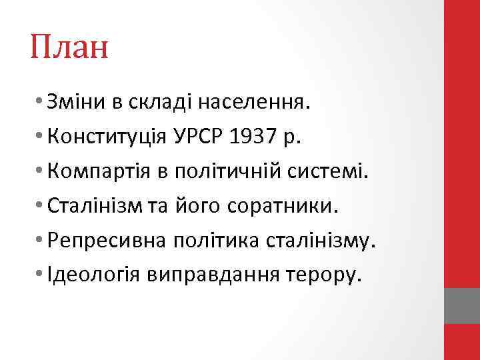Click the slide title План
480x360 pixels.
pos(69,49)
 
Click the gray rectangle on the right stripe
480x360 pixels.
pos(462,306)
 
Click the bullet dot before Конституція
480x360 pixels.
pos(41,138)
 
